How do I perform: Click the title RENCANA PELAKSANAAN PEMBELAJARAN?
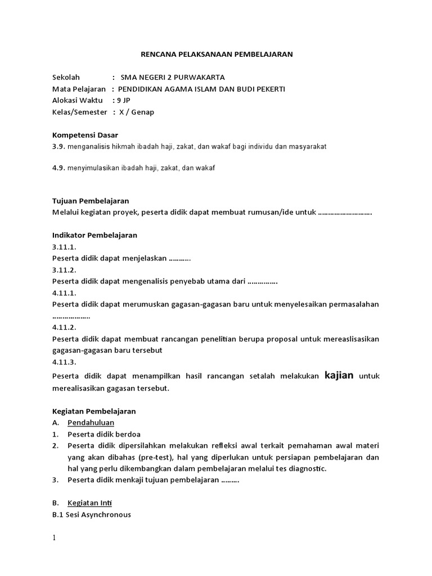point(216,55)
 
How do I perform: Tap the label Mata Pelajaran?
point(79,89)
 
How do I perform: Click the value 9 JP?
point(122,100)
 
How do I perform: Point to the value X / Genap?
point(137,112)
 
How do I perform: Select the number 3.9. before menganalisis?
point(59,147)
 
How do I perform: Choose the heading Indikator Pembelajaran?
point(94,235)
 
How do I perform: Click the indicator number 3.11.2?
point(64,270)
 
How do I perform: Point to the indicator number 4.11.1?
point(64,293)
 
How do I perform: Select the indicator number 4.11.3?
point(64,362)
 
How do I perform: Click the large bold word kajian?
point(339,375)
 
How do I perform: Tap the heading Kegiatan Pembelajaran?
point(94,411)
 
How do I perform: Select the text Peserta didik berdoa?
point(104,434)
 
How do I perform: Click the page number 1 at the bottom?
point(54,538)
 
